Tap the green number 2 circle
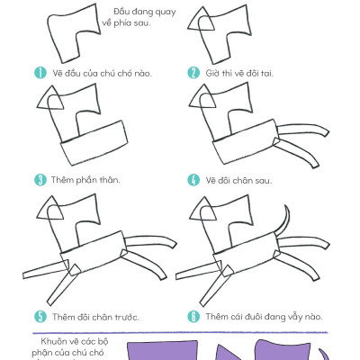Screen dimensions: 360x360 click(193, 73)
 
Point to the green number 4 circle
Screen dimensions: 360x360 click(193, 178)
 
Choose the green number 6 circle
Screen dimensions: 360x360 click(193, 316)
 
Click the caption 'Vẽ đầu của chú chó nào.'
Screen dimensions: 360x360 click(95, 73)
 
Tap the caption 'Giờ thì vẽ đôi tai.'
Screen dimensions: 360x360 click(238, 73)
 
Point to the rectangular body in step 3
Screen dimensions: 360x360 click(95, 144)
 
